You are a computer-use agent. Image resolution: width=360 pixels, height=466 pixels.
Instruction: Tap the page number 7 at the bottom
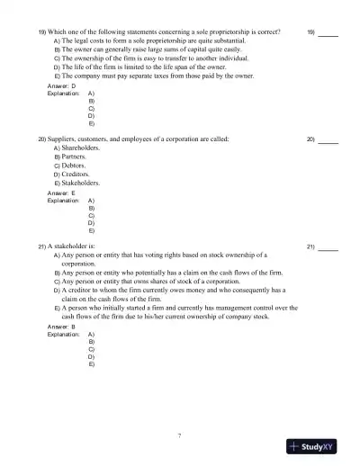point(180,435)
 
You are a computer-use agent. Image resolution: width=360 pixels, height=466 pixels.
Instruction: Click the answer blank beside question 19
point(328,33)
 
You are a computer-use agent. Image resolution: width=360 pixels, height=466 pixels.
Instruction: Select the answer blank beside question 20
point(328,141)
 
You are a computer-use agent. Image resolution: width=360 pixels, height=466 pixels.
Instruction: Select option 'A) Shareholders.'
point(78,148)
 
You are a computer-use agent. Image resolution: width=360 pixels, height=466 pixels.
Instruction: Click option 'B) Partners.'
point(74,157)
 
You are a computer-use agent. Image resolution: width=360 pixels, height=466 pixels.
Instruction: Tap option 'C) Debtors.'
point(74,166)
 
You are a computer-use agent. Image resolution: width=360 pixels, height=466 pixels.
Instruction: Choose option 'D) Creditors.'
point(76,175)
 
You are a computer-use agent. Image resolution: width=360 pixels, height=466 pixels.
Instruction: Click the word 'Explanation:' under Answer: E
point(64,201)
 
